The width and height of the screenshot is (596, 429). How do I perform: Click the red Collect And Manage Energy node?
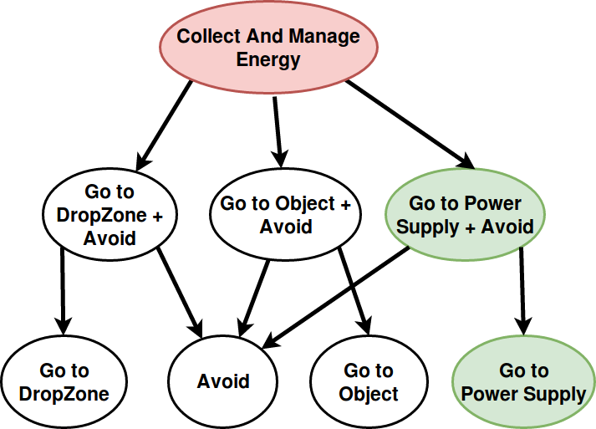click(268, 48)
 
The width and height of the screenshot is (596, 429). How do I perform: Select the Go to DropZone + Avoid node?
click(109, 215)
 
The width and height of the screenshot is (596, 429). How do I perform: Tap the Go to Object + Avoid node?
click(285, 215)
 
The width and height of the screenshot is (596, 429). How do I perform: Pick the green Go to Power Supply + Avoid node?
click(465, 215)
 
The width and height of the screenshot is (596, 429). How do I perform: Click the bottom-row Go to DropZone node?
click(64, 382)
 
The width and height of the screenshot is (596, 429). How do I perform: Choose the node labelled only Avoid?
click(223, 382)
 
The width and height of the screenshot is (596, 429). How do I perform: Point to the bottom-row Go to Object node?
click(369, 382)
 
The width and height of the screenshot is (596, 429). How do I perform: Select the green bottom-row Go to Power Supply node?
click(523, 382)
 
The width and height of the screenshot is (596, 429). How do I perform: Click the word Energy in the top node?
click(268, 59)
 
